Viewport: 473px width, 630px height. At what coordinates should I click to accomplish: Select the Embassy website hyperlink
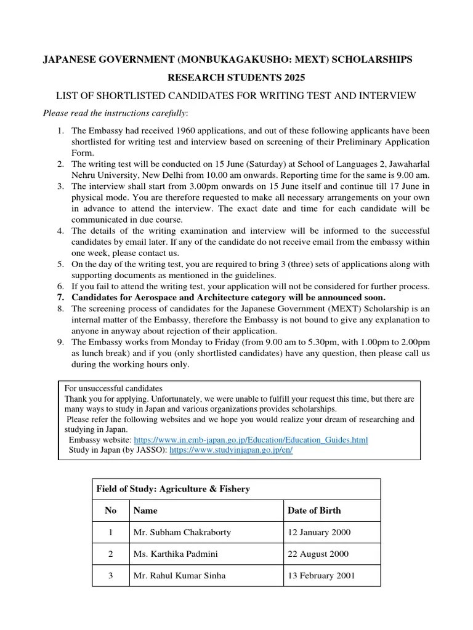pos(251,441)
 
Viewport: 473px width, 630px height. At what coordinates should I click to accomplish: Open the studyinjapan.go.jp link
pos(230,450)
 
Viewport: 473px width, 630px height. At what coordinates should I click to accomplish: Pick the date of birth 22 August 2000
pos(318,554)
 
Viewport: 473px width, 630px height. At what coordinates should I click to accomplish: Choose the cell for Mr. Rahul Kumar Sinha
pos(179,576)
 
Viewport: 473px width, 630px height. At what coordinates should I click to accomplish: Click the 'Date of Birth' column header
pos(313,510)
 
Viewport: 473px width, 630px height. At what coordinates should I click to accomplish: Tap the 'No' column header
pos(111,510)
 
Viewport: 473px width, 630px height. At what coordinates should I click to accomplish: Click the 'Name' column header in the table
pos(145,510)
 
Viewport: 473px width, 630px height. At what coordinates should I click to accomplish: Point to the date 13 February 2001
pos(321,576)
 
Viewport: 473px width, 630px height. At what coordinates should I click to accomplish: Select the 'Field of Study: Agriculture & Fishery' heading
pos(173,489)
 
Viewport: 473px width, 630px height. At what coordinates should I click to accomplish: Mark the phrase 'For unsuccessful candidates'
pos(113,389)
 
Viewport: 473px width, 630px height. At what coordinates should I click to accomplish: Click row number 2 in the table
pos(111,554)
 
